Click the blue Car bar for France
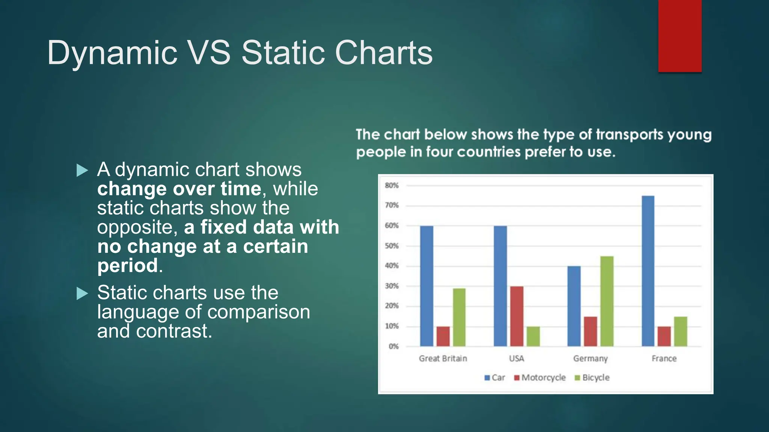tap(648, 271)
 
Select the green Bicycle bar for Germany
tap(607, 301)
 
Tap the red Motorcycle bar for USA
tap(517, 316)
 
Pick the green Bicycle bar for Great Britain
tap(459, 317)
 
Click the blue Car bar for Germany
tap(574, 306)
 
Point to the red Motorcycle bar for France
tap(664, 336)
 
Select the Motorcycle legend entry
tap(540, 378)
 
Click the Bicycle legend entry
tap(592, 378)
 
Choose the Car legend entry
tap(495, 378)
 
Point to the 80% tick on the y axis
tap(391, 186)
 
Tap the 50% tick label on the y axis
tap(391, 246)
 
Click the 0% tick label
tap(393, 346)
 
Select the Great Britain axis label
tap(443, 358)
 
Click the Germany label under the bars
tap(590, 358)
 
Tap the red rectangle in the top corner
tap(680, 36)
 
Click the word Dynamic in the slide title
tap(112, 53)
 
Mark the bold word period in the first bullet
tap(128, 265)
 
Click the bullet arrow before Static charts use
tap(82, 293)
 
